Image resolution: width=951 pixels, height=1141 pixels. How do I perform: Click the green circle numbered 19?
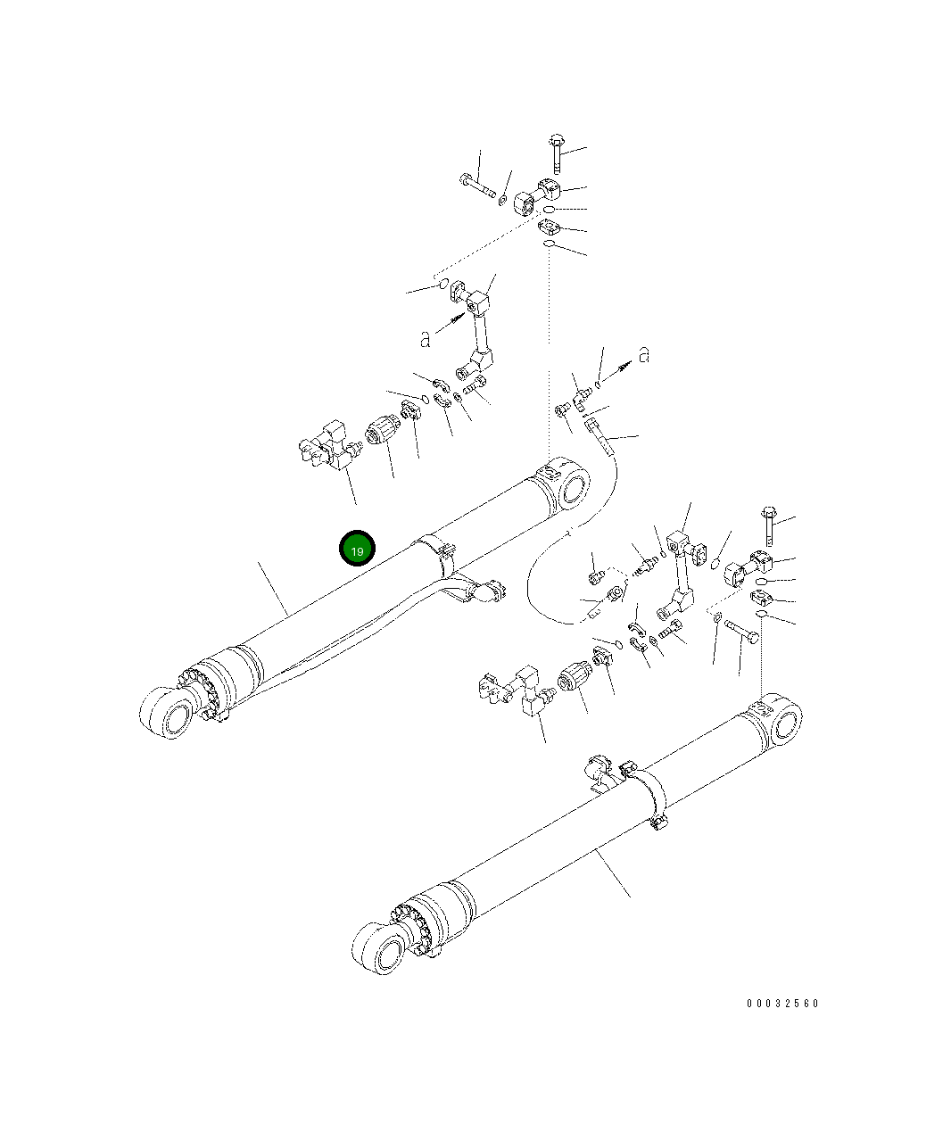pos(357,548)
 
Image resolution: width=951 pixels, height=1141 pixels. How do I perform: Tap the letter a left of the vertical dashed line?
pos(426,339)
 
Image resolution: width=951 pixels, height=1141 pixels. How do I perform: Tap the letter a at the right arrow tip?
pos(644,355)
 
